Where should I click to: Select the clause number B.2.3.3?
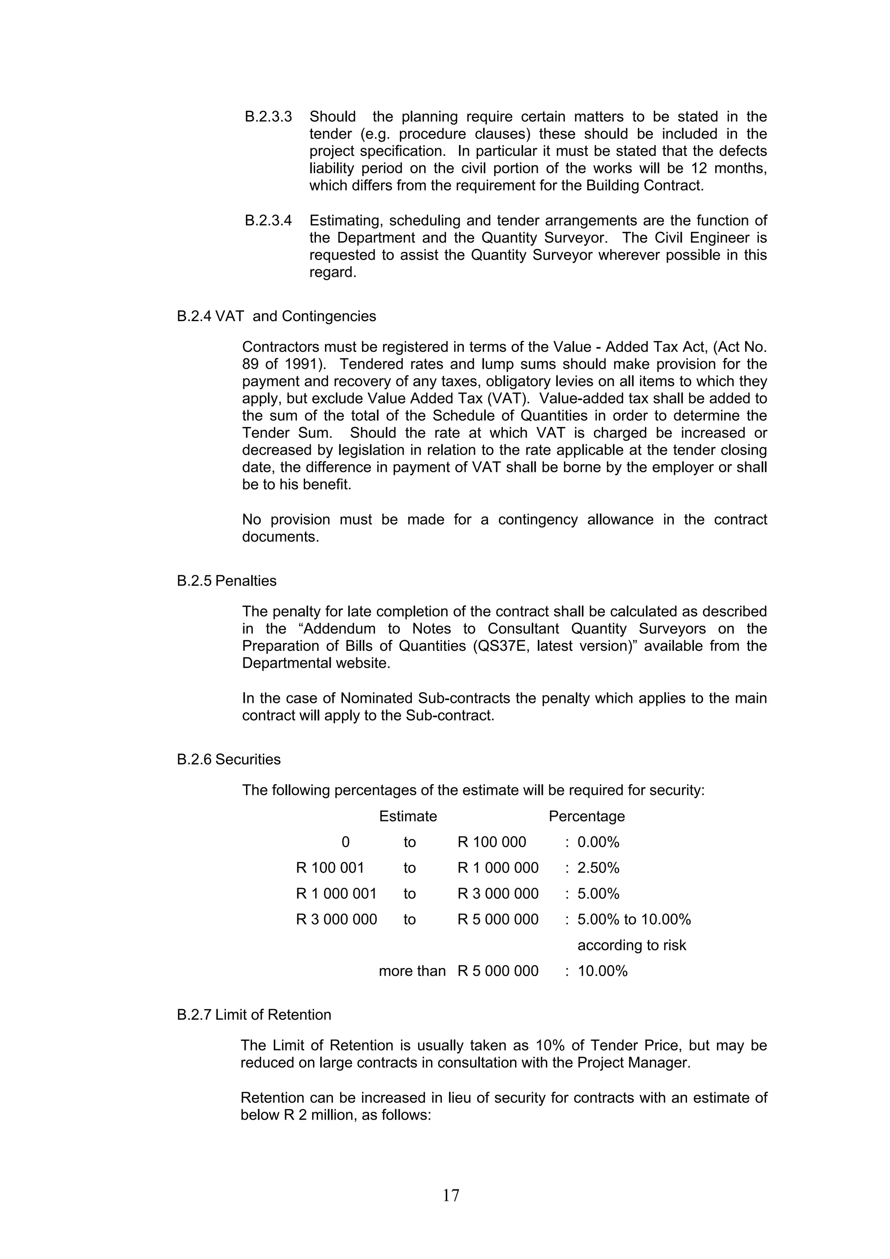[268, 117]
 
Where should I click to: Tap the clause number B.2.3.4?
[268, 220]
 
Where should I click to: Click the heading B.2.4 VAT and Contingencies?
[276, 316]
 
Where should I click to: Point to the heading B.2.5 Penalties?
[226, 581]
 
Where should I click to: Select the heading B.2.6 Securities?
[229, 759]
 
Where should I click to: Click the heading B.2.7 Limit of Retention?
[254, 1015]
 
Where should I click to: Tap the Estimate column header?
[408, 816]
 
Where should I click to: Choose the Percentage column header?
[587, 816]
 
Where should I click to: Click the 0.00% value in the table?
[598, 842]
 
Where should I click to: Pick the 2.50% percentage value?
[598, 868]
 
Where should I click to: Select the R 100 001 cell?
[330, 868]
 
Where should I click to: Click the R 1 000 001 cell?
[336, 894]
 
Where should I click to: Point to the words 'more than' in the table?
[412, 971]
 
